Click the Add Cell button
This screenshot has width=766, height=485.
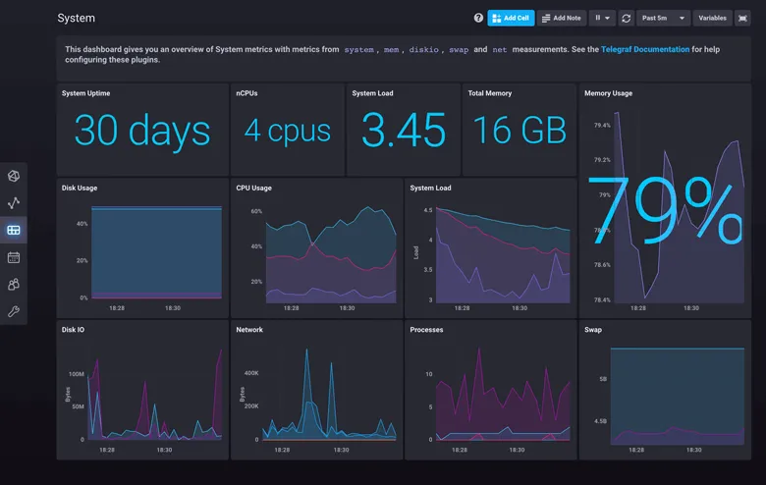click(x=511, y=18)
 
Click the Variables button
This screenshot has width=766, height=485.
click(x=712, y=18)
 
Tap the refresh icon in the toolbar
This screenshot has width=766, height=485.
click(x=627, y=18)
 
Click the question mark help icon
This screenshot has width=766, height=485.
click(x=478, y=18)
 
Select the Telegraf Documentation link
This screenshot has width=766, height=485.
click(x=645, y=49)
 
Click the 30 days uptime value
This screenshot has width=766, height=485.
click(x=142, y=132)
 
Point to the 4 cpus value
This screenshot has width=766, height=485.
click(x=287, y=132)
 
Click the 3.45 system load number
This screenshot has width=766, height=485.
click(x=404, y=132)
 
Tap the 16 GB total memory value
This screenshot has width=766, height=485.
click(x=519, y=132)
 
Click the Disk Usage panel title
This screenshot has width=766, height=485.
click(x=80, y=188)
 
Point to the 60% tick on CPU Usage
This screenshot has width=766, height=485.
click(x=256, y=211)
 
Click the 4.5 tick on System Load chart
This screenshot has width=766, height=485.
click(x=427, y=210)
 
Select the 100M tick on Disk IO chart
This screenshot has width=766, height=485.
click(x=76, y=374)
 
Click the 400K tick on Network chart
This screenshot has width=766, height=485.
click(x=250, y=373)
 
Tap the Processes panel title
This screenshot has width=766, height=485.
click(x=427, y=330)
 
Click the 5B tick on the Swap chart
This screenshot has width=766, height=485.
click(x=602, y=378)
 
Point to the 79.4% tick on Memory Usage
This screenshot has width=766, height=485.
click(x=601, y=126)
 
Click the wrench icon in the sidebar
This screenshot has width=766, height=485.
click(x=14, y=311)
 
